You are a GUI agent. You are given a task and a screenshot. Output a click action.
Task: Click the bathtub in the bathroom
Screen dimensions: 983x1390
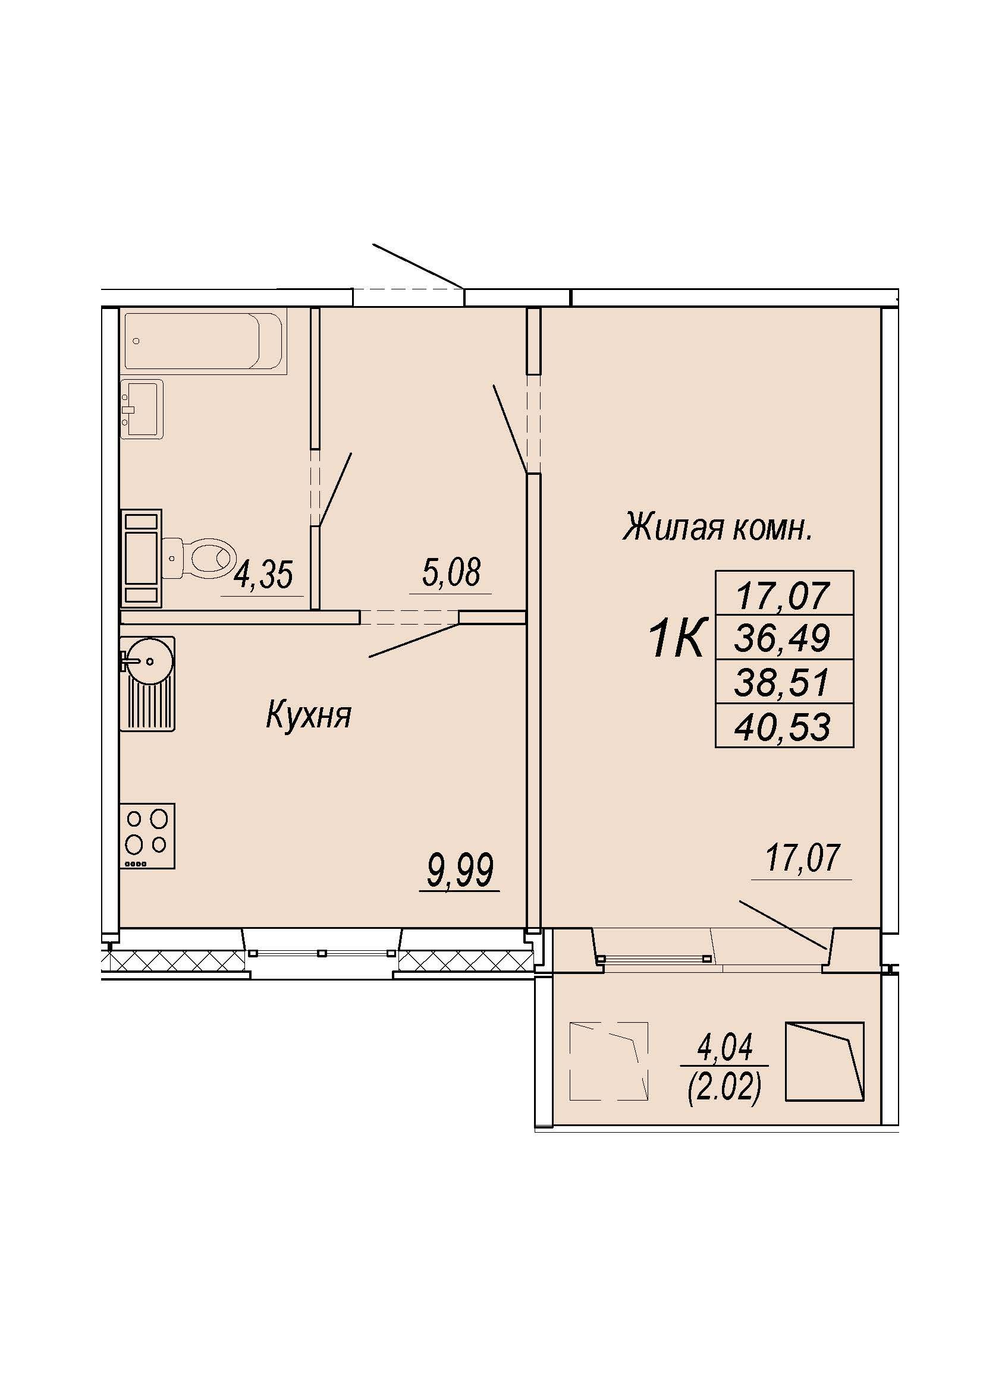[x=203, y=342]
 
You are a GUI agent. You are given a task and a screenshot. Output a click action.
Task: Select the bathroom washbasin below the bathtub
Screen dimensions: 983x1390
[x=142, y=409]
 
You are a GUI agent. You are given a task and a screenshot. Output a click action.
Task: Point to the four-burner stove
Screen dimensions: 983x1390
[x=147, y=836]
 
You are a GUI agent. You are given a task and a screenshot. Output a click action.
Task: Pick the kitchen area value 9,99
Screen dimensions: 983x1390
[x=460, y=870]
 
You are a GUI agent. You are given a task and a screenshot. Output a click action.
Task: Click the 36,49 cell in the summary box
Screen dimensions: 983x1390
[x=784, y=638]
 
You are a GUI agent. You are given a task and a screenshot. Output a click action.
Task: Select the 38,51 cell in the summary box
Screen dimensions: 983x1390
[x=784, y=682]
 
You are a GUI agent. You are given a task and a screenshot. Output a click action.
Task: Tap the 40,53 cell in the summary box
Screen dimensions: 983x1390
[x=784, y=726]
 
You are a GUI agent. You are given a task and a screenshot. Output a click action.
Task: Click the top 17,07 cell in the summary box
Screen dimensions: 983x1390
[x=784, y=594]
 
